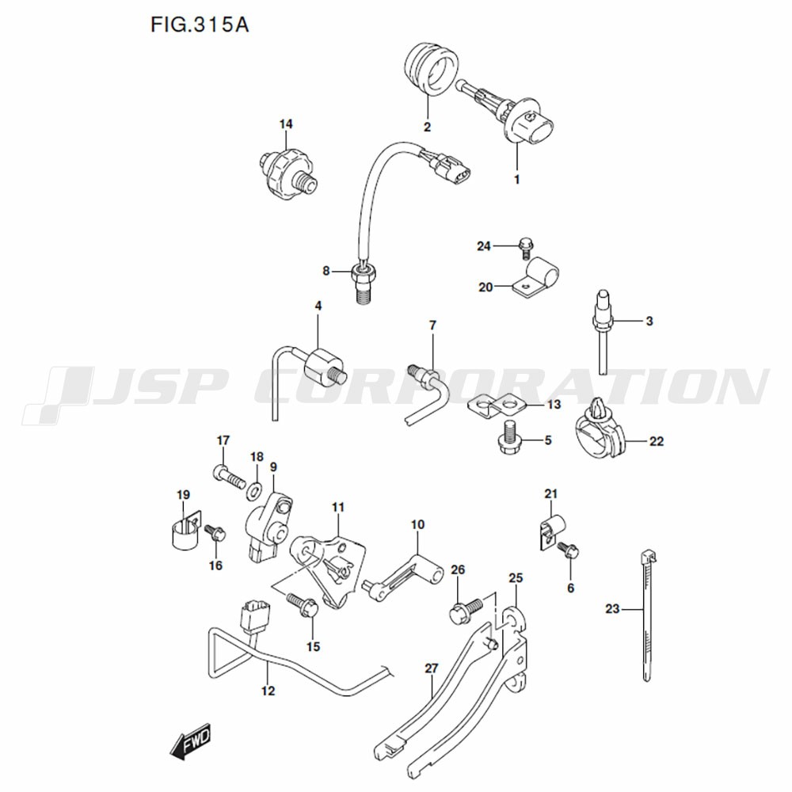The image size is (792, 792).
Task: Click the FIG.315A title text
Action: [x=200, y=25]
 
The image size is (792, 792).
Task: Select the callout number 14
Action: [x=286, y=124]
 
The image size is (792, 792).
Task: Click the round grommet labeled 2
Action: [x=431, y=69]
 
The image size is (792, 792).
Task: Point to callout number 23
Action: [x=612, y=609]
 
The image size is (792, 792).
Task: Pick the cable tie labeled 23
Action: [x=647, y=615]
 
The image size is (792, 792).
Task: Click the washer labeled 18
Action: [x=254, y=489]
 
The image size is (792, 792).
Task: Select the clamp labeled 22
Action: [x=599, y=428]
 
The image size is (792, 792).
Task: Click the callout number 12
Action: [x=268, y=691]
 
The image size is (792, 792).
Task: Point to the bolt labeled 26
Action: [x=466, y=610]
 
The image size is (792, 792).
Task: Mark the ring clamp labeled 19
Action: [x=184, y=531]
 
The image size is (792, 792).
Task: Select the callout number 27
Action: [x=432, y=668]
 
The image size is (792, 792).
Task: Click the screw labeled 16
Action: [x=215, y=532]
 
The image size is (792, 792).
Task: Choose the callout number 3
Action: [x=649, y=321]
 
